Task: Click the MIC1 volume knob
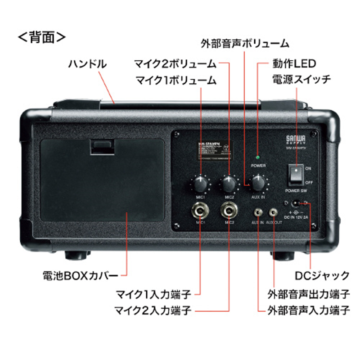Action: [x=201, y=184]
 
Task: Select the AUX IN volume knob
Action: [x=258, y=183]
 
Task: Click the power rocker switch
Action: [x=295, y=175]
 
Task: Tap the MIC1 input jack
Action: [x=200, y=211]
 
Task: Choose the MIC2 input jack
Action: [x=229, y=211]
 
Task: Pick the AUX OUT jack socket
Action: [x=273, y=211]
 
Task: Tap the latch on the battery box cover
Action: [x=100, y=145]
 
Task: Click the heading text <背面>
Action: [x=42, y=36]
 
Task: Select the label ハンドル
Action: [x=88, y=63]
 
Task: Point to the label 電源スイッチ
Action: [x=301, y=80]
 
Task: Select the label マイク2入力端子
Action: [x=153, y=311]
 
